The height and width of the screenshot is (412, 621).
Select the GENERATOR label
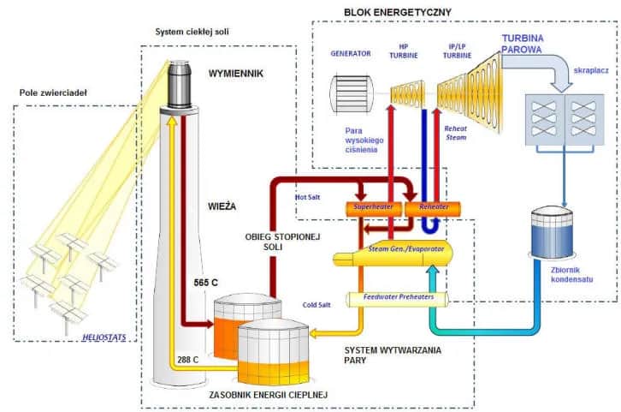[351, 53]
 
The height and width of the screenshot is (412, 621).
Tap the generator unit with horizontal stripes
[352, 93]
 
